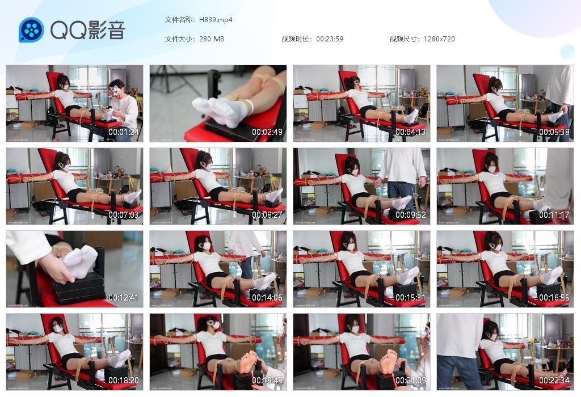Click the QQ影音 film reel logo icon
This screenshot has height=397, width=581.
pos(31,30)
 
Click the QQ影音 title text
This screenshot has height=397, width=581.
pos(87,30)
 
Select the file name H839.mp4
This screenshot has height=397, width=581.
pos(216,20)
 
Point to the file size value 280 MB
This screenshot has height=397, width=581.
pos(212,39)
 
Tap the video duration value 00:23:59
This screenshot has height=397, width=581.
pos(329,39)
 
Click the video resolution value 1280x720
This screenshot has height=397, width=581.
pos(439,39)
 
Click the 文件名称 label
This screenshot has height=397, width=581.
pos(180,20)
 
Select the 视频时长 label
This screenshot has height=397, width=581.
pos(297,39)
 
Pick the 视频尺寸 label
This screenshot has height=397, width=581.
pos(405,39)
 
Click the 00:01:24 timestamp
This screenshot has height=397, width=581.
pos(123,132)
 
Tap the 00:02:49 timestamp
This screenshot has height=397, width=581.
pos(267,132)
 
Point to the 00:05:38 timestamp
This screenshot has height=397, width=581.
pos(554,132)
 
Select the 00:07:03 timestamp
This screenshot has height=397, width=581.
pos(123,216)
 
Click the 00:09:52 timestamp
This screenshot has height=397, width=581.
pos(410,216)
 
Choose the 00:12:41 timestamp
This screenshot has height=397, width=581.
pos(123,298)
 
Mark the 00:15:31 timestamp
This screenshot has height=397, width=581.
pos(410,298)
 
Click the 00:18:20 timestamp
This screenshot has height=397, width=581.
pos(123,381)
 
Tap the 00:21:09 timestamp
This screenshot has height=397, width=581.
pos(410,381)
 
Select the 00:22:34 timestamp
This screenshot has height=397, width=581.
pos(554,381)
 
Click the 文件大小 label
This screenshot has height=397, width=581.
pos(180,39)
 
